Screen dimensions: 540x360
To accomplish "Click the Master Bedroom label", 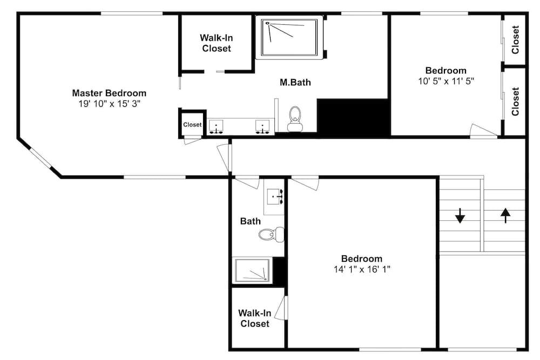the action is (109, 93).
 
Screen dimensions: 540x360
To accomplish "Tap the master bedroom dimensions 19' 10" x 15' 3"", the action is (109, 104).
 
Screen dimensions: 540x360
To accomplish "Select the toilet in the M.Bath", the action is (295, 119).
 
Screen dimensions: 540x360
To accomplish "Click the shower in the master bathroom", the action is (289, 38).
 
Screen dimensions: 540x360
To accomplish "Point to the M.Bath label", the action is (295, 82).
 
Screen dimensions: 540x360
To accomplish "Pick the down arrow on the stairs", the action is (460, 216).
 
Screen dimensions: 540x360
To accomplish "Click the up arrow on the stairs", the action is (505, 215).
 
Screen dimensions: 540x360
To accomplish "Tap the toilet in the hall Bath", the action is (272, 235).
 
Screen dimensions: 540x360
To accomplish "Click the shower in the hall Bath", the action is (252, 270).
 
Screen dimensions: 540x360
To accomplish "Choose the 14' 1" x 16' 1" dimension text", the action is (362, 269).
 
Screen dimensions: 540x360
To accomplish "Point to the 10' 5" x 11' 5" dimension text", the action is (446, 81).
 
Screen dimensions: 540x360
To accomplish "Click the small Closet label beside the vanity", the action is (192, 125).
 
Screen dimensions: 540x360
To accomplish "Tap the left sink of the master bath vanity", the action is (216, 127).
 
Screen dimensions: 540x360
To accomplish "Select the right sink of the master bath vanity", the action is (262, 127).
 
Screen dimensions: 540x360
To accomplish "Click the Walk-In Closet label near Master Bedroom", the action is (217, 43).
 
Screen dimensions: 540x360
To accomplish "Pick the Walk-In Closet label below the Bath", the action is (255, 318).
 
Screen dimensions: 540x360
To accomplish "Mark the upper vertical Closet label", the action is (515, 39).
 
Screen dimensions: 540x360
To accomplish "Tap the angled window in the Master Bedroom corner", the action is (41, 159).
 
